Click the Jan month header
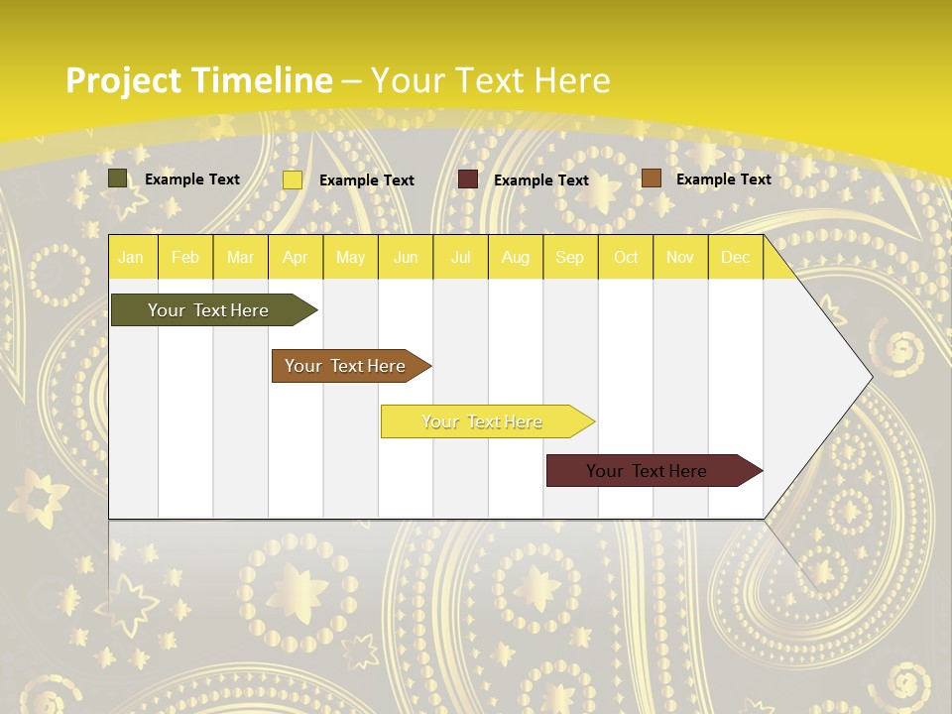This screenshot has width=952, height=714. [x=131, y=257]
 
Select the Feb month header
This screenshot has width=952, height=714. [x=185, y=257]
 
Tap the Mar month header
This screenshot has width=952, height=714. [x=240, y=257]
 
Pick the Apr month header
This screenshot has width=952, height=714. [x=296, y=257]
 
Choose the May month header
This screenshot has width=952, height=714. [x=350, y=257]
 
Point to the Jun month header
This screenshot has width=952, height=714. [x=406, y=257]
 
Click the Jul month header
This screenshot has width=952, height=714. [x=460, y=257]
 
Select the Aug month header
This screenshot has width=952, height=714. [x=516, y=257]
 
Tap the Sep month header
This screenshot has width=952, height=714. [x=570, y=257]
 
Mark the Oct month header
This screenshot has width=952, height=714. [x=626, y=257]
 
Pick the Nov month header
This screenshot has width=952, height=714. [x=680, y=257]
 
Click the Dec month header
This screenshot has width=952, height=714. [x=736, y=257]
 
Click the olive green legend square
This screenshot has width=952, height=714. [x=118, y=178]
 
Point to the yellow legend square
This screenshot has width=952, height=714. [x=293, y=179]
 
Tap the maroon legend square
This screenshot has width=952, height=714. [x=468, y=179]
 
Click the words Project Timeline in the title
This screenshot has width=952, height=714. [x=198, y=80]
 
